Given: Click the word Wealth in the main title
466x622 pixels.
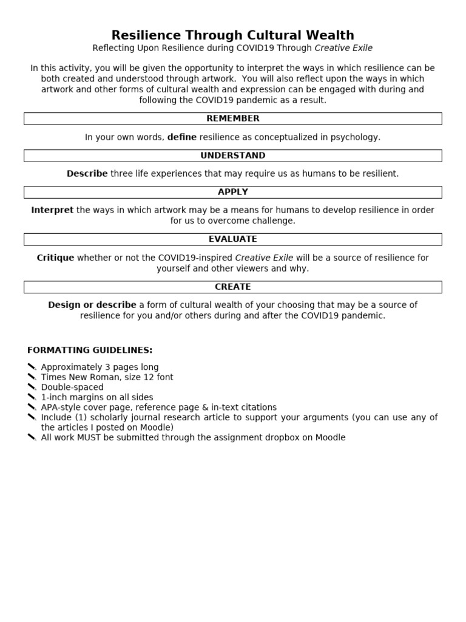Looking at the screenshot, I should pyautogui.click(x=328, y=35).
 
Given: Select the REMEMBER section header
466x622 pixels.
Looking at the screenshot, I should pyautogui.click(x=233, y=118).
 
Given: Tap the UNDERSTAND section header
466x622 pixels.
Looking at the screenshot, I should pyautogui.click(x=233, y=155).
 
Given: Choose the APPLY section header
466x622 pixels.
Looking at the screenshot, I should pyautogui.click(x=233, y=192).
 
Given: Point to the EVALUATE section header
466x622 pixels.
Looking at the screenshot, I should pyautogui.click(x=233, y=239).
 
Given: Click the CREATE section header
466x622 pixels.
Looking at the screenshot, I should pyautogui.click(x=233, y=287).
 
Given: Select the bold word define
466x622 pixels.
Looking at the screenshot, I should pyautogui.click(x=182, y=137).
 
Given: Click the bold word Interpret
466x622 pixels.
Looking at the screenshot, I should pyautogui.click(x=52, y=210).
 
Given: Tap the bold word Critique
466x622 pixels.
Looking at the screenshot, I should pyautogui.click(x=55, y=258).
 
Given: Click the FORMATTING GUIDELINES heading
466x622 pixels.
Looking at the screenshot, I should pyautogui.click(x=90, y=350).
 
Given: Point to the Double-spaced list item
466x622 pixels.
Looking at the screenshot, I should pyautogui.click(x=72, y=387).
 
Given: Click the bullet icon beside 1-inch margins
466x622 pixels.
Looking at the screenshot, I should pyautogui.click(x=32, y=397).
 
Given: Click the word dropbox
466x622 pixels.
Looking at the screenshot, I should pyautogui.click(x=282, y=437).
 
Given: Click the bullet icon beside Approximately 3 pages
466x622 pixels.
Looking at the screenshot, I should pyautogui.click(x=32, y=367).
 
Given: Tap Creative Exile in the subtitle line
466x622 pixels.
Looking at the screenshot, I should pyautogui.click(x=343, y=48).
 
